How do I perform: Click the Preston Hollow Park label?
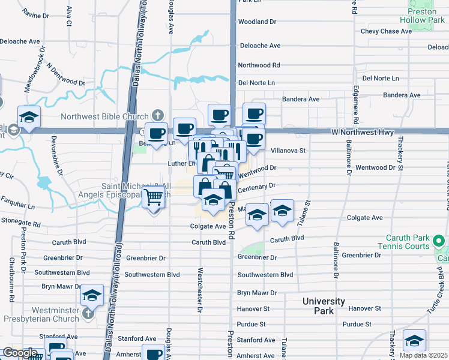click(421, 15)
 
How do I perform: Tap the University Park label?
click(323, 306)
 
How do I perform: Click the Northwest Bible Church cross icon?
click(157, 114)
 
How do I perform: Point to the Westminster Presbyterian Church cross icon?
click(88, 313)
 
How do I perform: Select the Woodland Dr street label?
click(256, 22)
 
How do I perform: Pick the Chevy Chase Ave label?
click(385, 31)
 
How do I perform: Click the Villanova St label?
click(289, 151)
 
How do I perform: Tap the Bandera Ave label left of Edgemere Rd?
click(301, 99)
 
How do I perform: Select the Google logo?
click(19, 353)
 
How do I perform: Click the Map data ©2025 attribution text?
click(423, 355)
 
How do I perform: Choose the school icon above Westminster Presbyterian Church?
click(92, 295)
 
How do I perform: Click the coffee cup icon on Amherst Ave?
click(154, 353)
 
